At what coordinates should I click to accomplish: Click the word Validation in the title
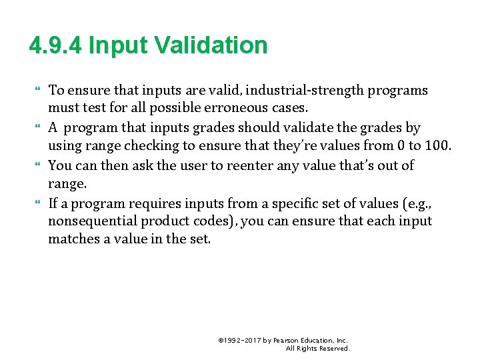pos(211,46)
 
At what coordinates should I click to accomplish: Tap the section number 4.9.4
pos(56,46)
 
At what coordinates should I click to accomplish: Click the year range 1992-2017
pos(243,340)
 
